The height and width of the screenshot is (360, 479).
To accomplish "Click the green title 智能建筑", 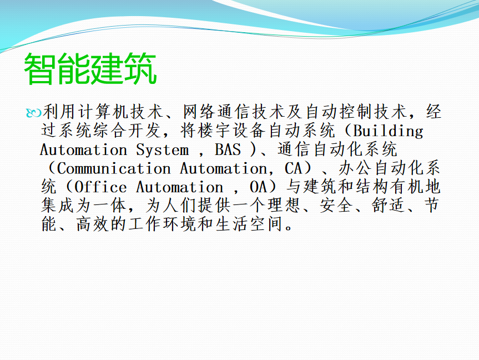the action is click(x=90, y=68).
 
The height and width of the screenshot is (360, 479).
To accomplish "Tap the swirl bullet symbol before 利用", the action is click(x=34, y=113).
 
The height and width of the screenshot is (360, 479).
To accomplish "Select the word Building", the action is click(x=389, y=131).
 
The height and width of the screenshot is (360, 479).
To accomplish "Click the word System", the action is click(x=162, y=150).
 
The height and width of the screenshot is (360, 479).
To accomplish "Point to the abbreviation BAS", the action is click(x=228, y=149).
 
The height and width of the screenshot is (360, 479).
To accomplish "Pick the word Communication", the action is click(x=114, y=168).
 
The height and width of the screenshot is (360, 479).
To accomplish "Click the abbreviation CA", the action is click(x=294, y=168).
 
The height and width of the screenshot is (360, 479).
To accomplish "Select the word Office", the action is click(x=100, y=187).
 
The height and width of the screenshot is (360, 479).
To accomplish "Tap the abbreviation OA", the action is click(x=259, y=187).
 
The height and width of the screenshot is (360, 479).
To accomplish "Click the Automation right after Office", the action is click(x=180, y=187).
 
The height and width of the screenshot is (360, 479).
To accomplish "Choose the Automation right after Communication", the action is click(x=223, y=168).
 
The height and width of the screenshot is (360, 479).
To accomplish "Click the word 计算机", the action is click(x=104, y=112).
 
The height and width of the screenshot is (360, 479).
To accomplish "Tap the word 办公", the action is click(x=355, y=168).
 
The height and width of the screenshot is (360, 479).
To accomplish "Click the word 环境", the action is click(x=180, y=224).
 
